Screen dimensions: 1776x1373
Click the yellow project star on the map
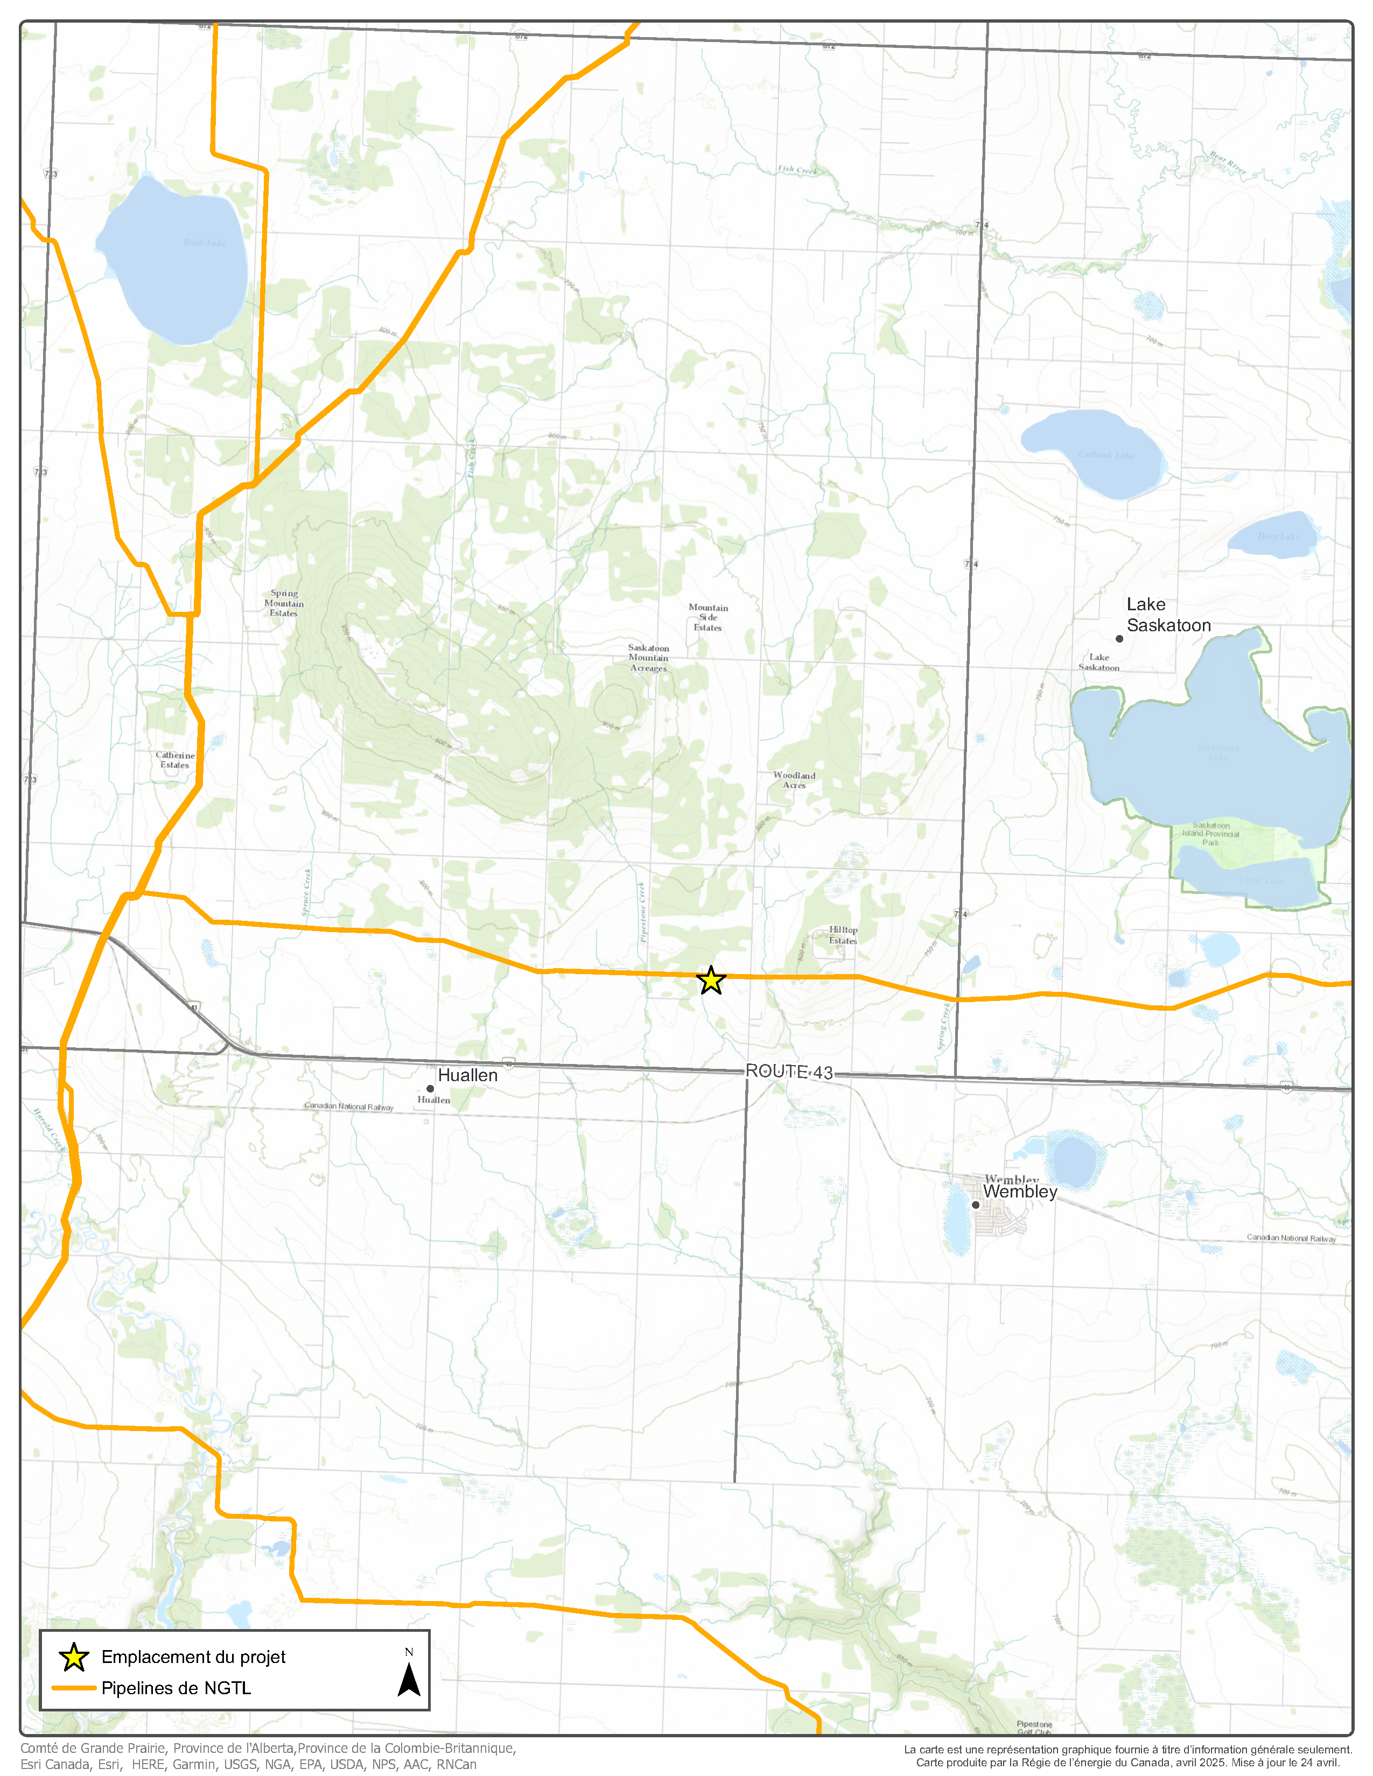click(x=711, y=981)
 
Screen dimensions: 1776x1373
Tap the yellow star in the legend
click(x=74, y=1657)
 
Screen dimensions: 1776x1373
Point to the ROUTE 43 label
click(x=789, y=1072)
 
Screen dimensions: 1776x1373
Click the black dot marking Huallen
click(x=430, y=1088)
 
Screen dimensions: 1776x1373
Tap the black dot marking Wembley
click(x=975, y=1204)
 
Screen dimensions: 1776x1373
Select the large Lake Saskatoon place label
click(x=1167, y=615)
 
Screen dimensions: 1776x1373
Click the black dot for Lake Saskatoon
click(x=1119, y=638)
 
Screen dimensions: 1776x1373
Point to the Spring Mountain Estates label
click(x=284, y=603)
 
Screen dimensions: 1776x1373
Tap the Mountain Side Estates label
click(x=707, y=617)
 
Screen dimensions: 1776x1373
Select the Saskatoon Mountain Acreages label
click(x=648, y=658)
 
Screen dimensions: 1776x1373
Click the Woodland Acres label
click(x=794, y=780)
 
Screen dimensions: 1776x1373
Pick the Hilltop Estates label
click(x=843, y=935)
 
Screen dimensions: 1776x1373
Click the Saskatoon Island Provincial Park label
click(x=1210, y=834)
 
